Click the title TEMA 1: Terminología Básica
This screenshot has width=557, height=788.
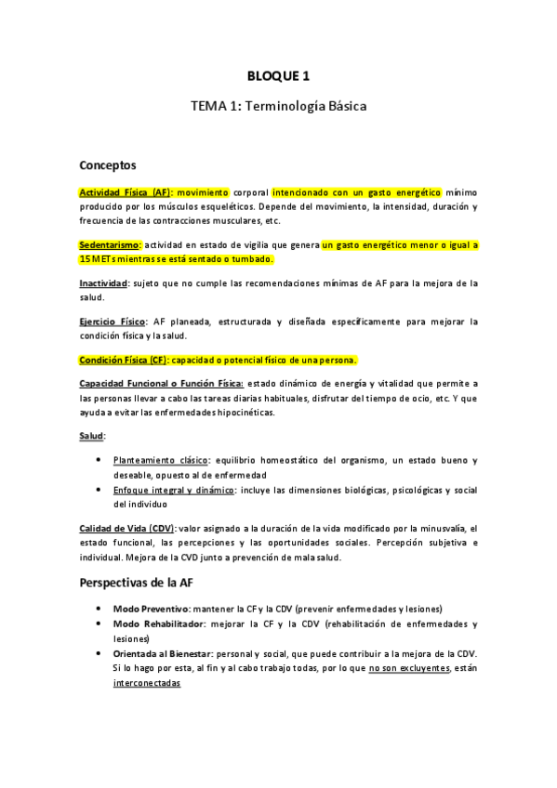pyautogui.click(x=278, y=107)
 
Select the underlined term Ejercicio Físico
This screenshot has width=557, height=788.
pyautogui.click(x=113, y=322)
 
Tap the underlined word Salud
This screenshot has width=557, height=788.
pyautogui.click(x=92, y=436)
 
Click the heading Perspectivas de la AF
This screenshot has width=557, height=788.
pyautogui.click(x=137, y=583)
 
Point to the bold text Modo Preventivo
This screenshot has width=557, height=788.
pyautogui.click(x=151, y=608)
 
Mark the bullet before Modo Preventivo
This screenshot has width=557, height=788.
pyautogui.click(x=99, y=608)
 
